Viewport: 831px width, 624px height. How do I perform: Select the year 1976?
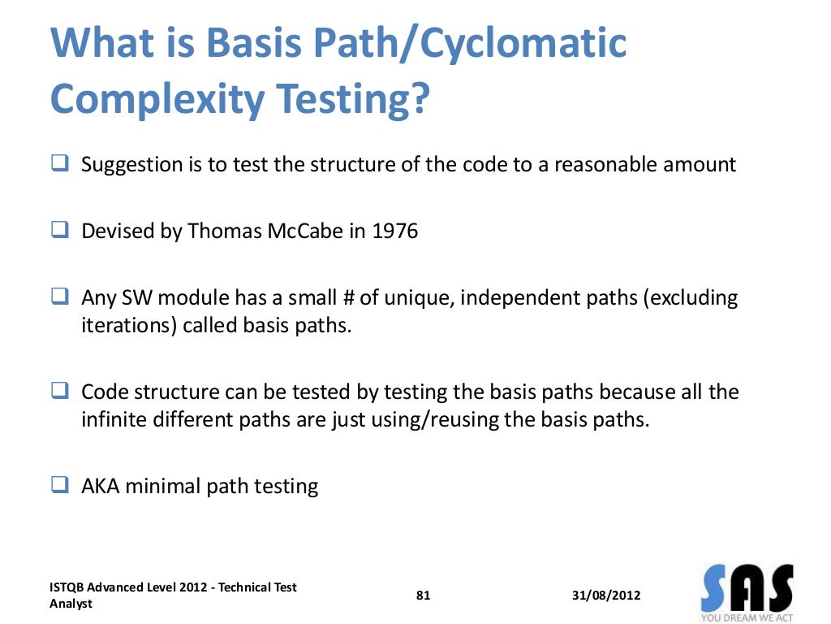[395, 232]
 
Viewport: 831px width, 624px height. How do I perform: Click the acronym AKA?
[101, 487]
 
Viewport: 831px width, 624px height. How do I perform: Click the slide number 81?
[424, 596]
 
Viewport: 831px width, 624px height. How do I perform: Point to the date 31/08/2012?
[606, 596]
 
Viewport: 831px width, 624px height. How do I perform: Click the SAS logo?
[747, 584]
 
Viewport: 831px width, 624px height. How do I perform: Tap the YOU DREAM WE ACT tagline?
[747, 617]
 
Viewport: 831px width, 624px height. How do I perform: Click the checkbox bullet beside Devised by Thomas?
[59, 232]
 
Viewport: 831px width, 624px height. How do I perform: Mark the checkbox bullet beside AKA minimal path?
[59, 487]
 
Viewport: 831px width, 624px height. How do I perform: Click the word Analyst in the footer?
[71, 604]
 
